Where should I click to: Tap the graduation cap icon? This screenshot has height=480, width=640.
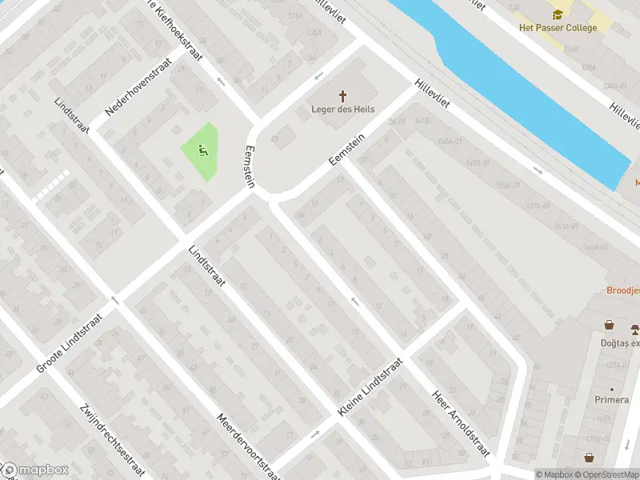[557, 14]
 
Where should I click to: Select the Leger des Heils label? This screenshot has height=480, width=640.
[343, 110]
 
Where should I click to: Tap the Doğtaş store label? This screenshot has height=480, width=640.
[623, 343]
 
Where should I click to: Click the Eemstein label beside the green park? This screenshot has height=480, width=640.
[249, 166]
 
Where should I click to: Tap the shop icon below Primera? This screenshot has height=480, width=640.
[590, 458]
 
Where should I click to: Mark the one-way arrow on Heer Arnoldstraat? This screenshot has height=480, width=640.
[355, 302]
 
